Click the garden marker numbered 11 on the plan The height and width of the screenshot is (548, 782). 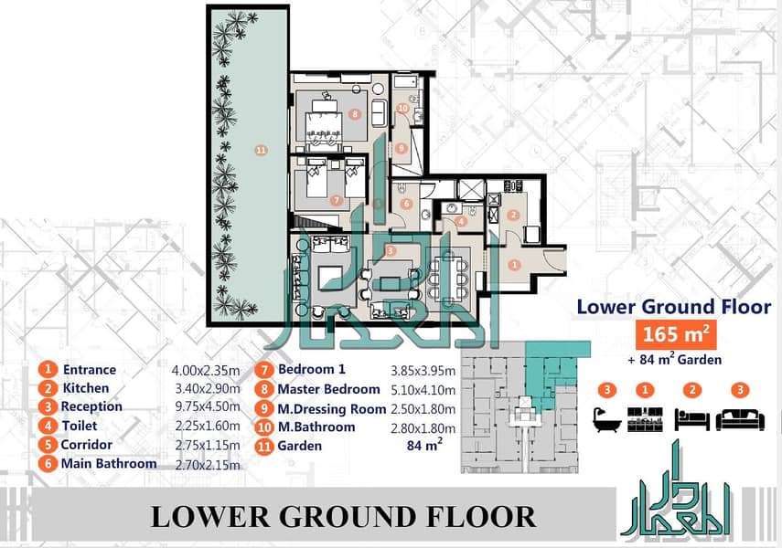point(261,150)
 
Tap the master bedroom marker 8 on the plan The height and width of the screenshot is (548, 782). point(355,114)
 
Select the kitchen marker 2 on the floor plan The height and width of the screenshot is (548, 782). point(513,216)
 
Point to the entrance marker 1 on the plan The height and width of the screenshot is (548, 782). point(515,265)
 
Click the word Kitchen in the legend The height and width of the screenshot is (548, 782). point(86,388)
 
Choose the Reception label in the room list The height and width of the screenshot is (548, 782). point(91,406)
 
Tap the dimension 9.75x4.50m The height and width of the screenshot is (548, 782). point(208,406)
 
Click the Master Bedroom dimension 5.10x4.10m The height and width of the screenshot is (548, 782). point(423,389)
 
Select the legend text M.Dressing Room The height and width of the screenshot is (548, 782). point(332,409)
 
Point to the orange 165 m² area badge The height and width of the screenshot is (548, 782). point(676,333)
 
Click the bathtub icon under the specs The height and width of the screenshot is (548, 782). point(607,419)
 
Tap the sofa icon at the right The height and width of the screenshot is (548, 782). point(740,419)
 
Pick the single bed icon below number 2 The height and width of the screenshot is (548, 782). point(691,419)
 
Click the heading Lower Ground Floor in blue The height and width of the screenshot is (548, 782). point(674,306)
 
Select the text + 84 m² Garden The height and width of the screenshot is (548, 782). point(674,359)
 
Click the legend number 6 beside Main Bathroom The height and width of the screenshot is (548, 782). point(48,464)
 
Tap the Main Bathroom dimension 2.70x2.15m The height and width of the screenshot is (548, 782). point(208,464)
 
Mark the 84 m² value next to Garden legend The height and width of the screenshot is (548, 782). point(424,445)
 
